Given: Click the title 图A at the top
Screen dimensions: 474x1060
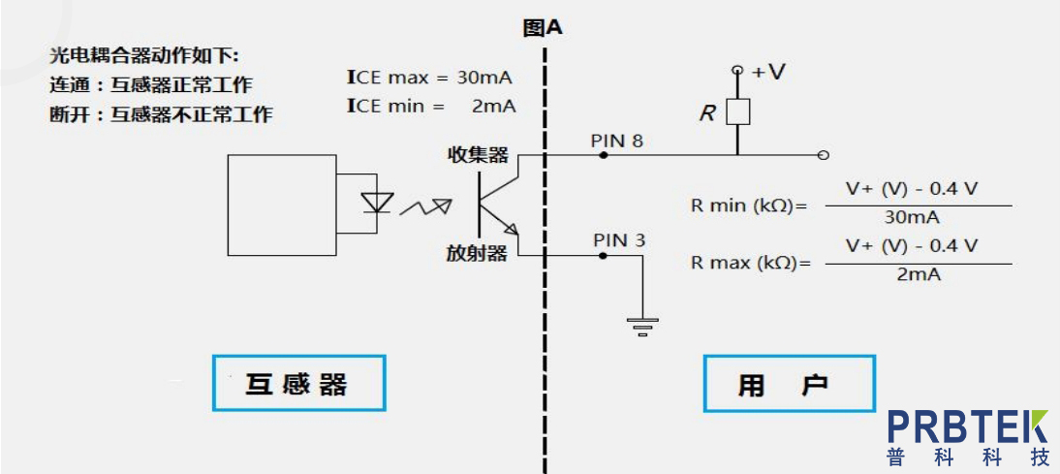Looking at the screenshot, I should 542,27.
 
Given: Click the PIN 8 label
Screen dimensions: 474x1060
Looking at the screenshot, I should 617,141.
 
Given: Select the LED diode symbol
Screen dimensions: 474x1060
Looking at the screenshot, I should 376,203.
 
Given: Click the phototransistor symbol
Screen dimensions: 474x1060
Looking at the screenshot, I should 496,204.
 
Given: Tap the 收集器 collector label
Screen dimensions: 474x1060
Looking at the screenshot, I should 477,155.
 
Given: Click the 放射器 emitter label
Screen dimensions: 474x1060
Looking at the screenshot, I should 477,254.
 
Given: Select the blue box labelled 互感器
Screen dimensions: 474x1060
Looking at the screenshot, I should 298,384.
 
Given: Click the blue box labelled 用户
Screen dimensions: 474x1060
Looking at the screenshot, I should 789,385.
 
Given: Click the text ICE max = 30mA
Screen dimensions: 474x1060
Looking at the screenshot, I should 429,78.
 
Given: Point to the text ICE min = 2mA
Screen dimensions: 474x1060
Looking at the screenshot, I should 429,106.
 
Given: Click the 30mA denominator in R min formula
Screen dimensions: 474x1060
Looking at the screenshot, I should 911,218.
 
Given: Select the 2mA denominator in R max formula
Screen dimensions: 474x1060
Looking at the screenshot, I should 911,275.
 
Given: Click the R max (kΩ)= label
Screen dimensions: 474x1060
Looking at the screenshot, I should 749,263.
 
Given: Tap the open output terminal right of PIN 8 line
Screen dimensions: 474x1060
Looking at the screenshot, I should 823,155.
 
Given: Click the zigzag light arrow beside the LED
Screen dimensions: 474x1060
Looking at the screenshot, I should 427,205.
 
